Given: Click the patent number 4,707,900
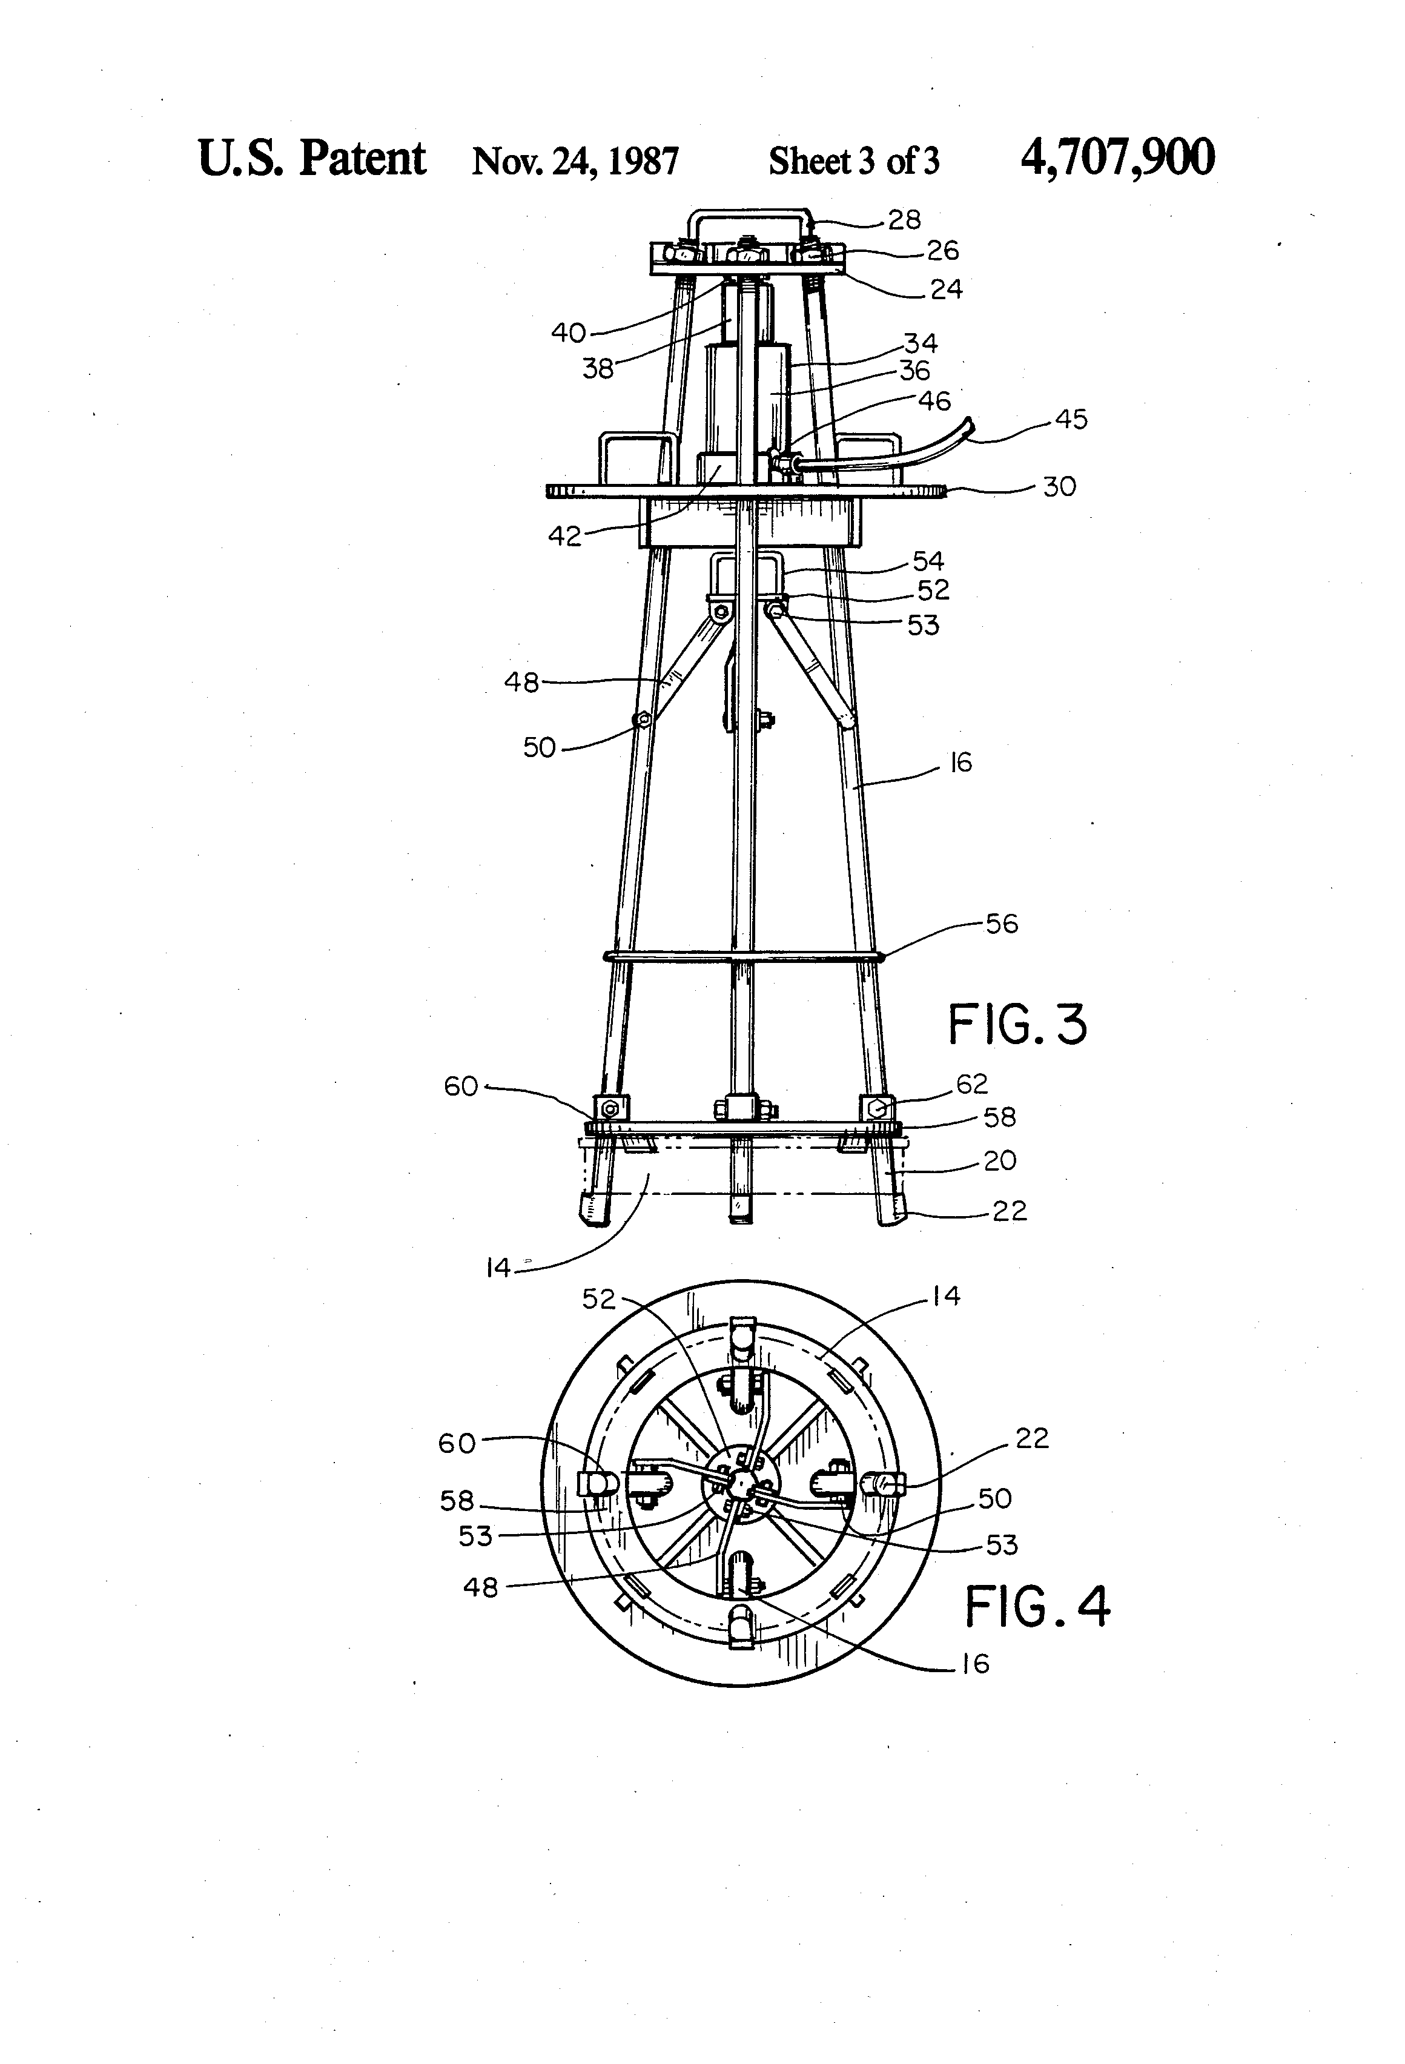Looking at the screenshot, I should tap(1117, 158).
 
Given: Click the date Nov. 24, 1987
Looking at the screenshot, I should tap(575, 160).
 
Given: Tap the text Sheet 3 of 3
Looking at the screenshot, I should tap(853, 160).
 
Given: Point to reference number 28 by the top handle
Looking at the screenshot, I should tap(904, 219).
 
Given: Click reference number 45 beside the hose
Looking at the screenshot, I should tap(1071, 419).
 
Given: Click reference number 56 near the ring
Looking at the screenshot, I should tap(1002, 924).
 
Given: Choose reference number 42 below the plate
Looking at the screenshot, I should tap(565, 535).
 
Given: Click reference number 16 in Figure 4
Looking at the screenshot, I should tap(975, 1664).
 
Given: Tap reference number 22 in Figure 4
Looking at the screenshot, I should tap(1032, 1438).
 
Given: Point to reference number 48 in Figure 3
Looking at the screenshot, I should tap(521, 682).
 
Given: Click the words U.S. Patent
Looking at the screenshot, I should tap(312, 158).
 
